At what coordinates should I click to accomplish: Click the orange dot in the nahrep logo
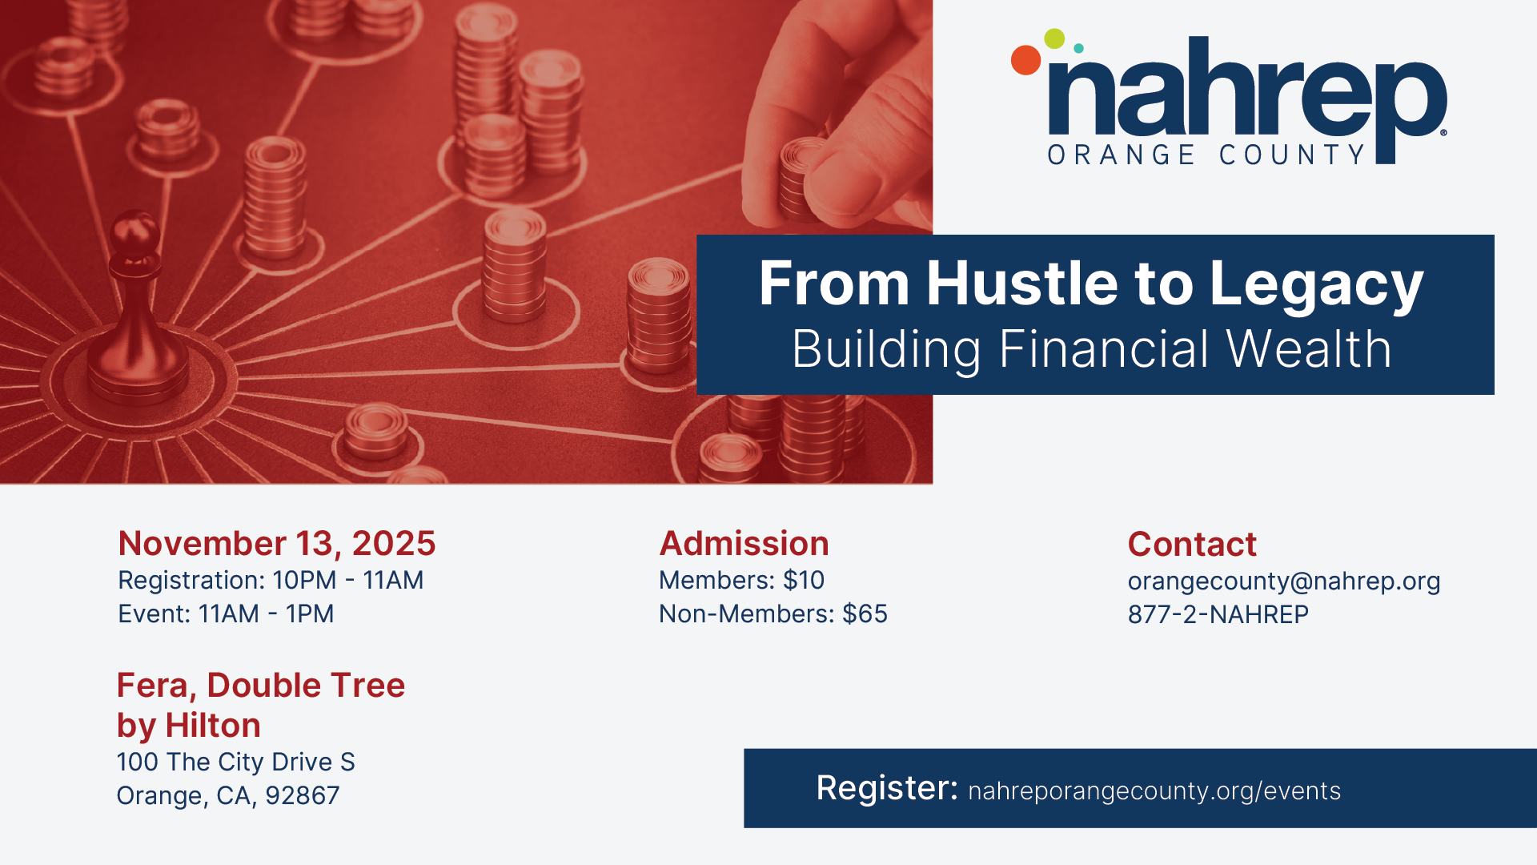1025,60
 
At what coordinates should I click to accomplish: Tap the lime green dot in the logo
1054,38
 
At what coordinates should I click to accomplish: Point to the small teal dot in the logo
1078,49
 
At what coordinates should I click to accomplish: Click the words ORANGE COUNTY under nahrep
1206,155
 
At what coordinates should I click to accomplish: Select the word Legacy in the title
1316,286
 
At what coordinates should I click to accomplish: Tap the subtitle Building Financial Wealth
1092,350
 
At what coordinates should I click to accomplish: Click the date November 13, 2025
277,544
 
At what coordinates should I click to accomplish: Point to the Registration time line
271,580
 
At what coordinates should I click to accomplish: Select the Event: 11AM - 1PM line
226,614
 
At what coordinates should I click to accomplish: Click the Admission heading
744,543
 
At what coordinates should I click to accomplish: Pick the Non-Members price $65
865,614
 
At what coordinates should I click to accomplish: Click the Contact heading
1192,544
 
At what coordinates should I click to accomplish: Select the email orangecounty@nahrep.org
1284,581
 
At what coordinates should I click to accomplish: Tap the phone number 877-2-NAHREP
1218,614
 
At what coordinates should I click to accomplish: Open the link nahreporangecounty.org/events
1154,791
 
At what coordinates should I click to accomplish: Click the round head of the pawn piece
134,232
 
